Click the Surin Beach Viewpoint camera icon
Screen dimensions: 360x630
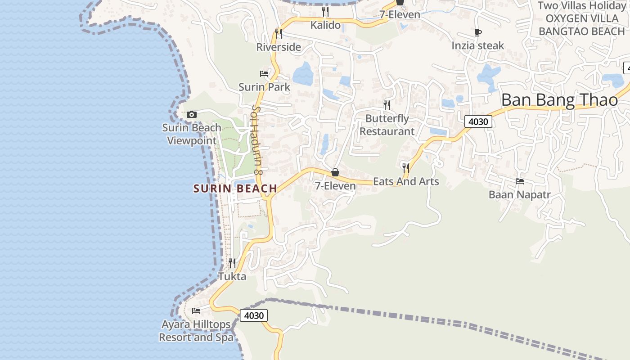[192, 115]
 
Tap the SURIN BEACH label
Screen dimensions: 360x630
[235, 189]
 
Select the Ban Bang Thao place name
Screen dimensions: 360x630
[559, 100]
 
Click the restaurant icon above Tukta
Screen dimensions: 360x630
[232, 263]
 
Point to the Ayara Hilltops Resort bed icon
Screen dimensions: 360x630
[196, 310]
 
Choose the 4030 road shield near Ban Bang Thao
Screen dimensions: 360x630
[478, 121]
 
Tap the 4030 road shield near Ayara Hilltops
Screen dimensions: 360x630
[253, 315]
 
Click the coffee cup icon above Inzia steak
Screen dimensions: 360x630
[478, 32]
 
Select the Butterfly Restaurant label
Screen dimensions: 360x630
[387, 125]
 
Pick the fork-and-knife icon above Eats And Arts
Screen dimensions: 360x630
[406, 168]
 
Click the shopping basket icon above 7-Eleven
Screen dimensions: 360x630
[335, 172]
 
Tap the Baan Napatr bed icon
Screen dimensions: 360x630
[520, 181]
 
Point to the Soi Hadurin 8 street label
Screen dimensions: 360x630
[256, 140]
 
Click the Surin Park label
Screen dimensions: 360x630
[264, 87]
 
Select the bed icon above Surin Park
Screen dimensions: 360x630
[264, 73]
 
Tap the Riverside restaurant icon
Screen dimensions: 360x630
[279, 34]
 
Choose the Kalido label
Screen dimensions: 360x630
[325, 25]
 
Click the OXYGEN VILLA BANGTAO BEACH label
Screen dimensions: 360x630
[582, 25]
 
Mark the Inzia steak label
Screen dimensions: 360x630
[478, 45]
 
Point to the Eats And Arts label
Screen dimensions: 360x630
[406, 181]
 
